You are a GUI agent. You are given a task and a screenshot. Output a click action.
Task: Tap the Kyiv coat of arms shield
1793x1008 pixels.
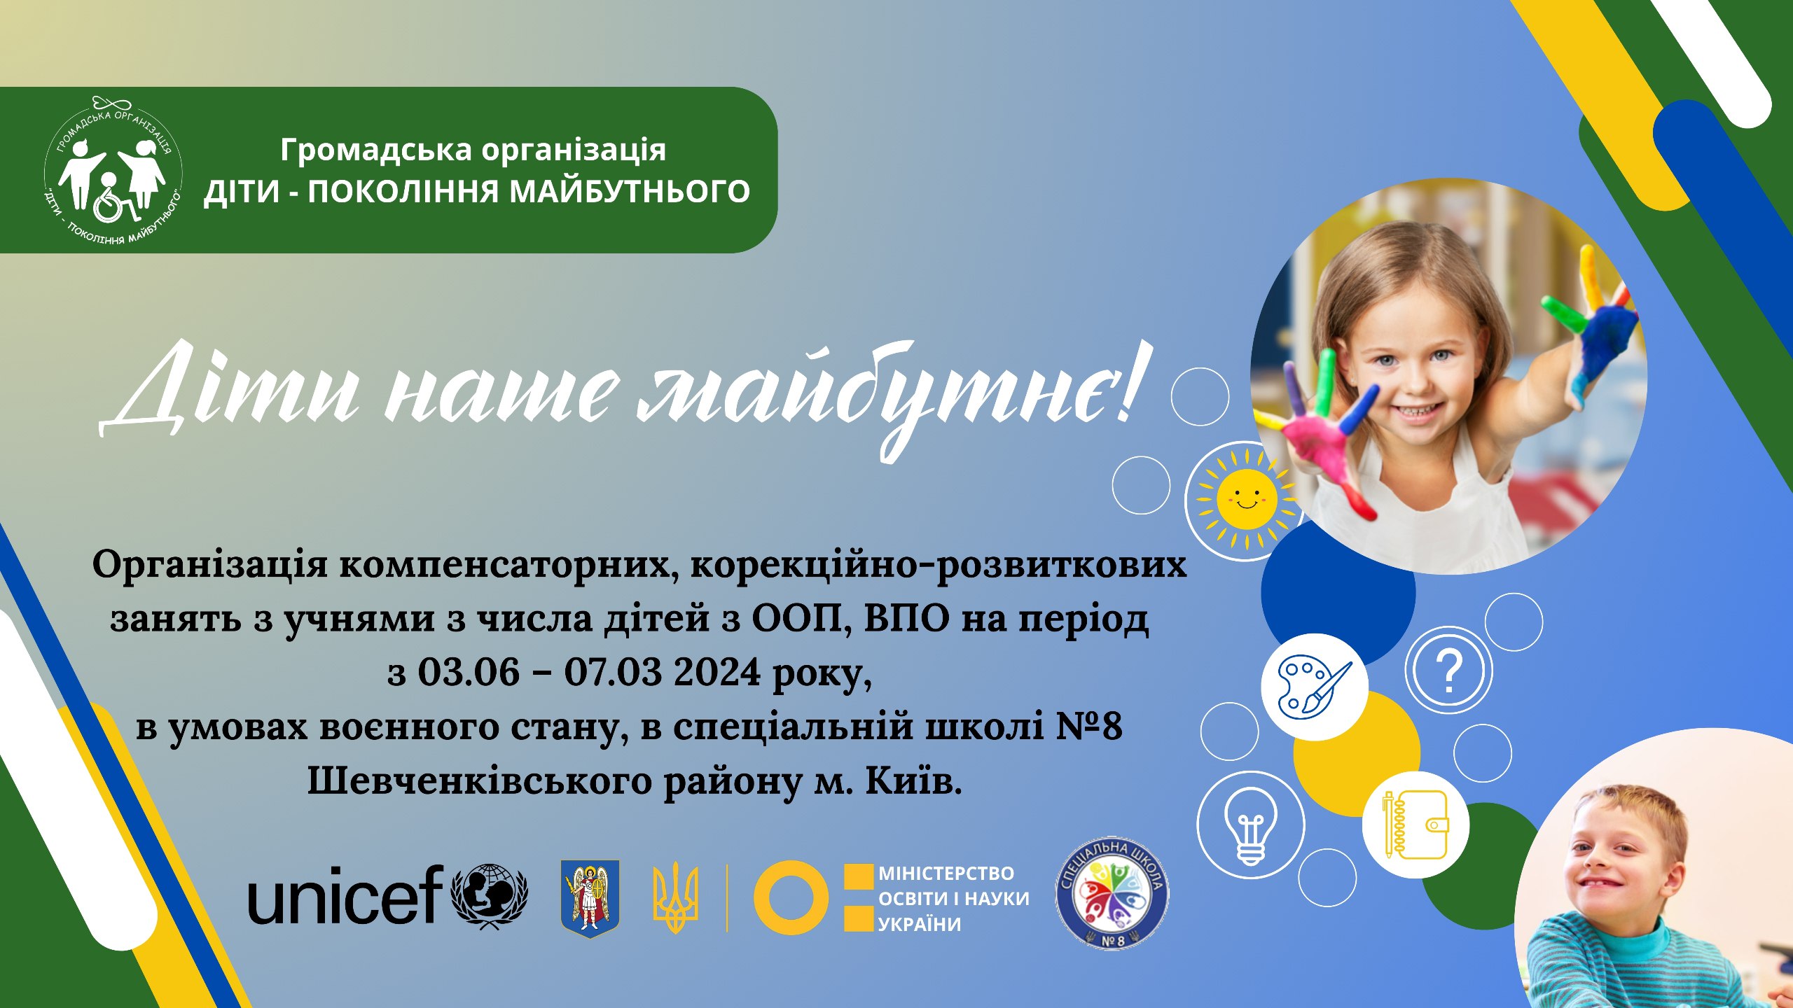coord(590,899)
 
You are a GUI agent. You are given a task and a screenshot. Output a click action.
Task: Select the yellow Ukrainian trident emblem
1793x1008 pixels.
coord(675,899)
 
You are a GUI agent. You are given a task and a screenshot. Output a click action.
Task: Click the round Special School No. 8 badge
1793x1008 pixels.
coord(1112,892)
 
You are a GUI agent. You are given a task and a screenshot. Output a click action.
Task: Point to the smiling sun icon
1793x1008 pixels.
coord(1247,499)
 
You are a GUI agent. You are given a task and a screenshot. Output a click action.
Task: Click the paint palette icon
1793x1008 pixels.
coord(1314,687)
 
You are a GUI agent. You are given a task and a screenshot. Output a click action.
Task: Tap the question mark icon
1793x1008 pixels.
coord(1449,670)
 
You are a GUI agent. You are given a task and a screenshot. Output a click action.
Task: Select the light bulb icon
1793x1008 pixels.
coord(1250,825)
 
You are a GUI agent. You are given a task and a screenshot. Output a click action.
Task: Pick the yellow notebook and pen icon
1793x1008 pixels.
coord(1415,825)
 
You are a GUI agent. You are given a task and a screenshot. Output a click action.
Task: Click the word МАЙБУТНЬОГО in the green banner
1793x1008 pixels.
coord(630,191)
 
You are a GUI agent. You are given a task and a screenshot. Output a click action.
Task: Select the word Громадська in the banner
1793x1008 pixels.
coord(375,150)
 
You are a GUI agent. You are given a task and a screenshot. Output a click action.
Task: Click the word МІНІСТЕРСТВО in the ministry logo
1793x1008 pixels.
coord(946,874)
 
